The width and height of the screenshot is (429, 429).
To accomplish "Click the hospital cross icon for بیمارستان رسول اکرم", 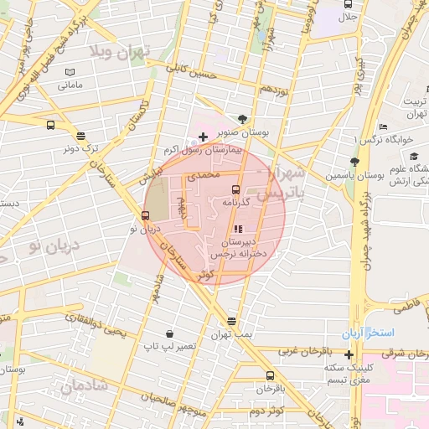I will click(203, 137).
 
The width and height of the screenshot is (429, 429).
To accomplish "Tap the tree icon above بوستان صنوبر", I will click(242, 118).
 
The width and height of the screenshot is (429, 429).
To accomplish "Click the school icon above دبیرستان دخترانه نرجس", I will click(238, 228).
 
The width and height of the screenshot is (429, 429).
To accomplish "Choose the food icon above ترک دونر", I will click(80, 135).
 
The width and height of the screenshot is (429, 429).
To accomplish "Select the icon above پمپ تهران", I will click(231, 322).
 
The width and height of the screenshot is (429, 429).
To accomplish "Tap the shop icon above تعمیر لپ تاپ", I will click(170, 333).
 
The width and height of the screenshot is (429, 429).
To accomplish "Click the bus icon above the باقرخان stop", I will click(270, 375).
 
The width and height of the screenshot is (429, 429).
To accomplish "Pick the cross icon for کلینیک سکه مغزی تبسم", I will click(349, 354).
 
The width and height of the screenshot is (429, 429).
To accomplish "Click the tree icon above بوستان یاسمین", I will click(354, 162).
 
